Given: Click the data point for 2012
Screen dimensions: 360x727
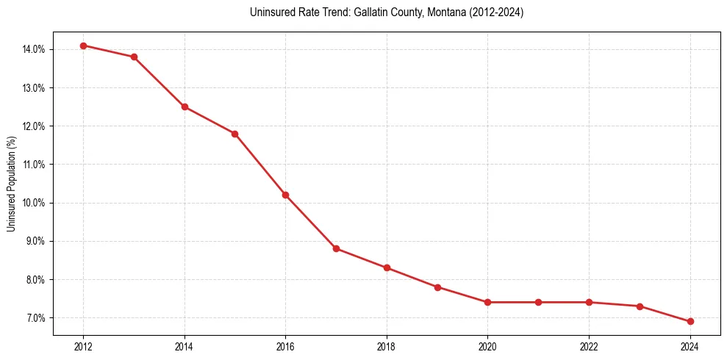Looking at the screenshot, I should pos(83,46).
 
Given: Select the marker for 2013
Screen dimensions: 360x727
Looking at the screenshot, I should pos(134,57).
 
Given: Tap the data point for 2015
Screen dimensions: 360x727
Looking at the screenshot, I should pos(235,134).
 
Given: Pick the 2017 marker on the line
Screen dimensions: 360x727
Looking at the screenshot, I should pos(336,248).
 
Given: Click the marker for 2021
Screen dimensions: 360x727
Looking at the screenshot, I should pos(538,302).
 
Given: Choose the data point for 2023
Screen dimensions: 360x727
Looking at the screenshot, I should pos(640,306).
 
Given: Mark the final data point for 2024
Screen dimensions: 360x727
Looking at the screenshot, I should pos(690,321).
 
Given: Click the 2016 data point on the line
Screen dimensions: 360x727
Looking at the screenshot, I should pos(285,195).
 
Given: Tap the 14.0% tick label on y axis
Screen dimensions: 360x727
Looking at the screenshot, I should pos(33,49).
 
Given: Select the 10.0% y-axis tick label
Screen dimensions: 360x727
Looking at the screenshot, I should pos(33,203).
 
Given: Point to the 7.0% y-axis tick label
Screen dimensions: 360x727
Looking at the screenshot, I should pos(35,318).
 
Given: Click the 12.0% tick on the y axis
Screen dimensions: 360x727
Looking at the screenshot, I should pos(33,126).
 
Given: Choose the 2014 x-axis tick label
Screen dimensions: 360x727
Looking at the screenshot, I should pos(185,346).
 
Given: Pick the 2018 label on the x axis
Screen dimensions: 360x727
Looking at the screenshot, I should pos(387,346).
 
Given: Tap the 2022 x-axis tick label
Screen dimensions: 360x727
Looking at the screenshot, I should pos(589,346).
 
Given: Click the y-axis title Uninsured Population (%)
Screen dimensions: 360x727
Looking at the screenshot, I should pos(11,184).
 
